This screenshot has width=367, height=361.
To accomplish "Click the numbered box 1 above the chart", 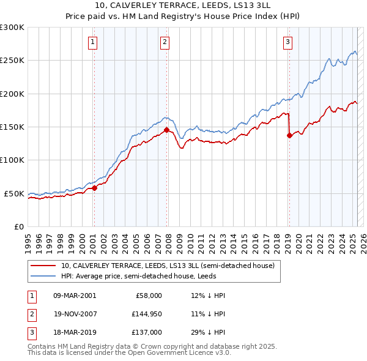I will (92, 42).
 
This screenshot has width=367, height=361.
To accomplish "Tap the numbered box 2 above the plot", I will (165, 42).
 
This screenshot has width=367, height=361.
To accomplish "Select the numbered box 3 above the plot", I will (287, 42).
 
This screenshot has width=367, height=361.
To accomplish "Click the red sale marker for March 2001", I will (94, 188).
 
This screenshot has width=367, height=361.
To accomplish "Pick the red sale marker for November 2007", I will (166, 130).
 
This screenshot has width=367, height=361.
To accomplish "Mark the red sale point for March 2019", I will (289, 136).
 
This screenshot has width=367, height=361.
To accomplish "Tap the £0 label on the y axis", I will (18, 226).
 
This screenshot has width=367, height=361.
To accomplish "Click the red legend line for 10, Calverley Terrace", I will (43, 266).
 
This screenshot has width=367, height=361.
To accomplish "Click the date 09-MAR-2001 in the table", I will (75, 296).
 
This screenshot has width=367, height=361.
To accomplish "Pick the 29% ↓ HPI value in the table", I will (208, 333).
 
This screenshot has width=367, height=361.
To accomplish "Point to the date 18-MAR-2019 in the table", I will (75, 333).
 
